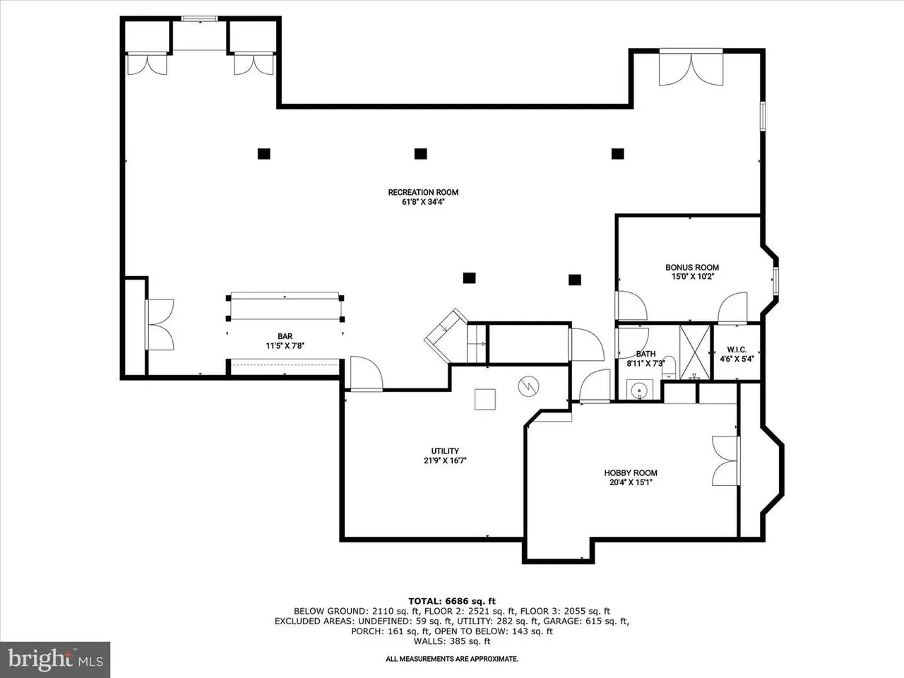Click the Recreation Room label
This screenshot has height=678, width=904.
coord(423,192)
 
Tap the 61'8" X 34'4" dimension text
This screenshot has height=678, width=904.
coord(423,202)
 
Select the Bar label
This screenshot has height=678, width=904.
coord(285,336)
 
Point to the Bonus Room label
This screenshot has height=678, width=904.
coord(692,267)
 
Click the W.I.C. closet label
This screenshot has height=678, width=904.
coord(737,350)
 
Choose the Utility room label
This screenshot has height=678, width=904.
coord(445,451)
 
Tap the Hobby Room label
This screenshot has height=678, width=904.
coord(631,473)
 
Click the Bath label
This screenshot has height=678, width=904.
coord(646,354)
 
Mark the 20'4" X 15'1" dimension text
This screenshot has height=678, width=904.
coord(631,482)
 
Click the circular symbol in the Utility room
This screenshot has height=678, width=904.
coord(528,386)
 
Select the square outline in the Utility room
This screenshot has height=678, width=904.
coord(484,399)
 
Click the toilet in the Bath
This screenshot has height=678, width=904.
coord(668,368)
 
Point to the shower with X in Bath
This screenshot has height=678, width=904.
coord(695,352)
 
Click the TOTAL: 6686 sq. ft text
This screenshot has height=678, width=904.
coord(452,602)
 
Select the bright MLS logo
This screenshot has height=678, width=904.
coord(55,659)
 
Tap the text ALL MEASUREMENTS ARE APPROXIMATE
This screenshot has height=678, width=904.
coord(452,659)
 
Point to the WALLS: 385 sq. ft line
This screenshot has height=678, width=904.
coord(452,641)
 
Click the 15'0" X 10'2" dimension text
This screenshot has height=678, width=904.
coord(692,277)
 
